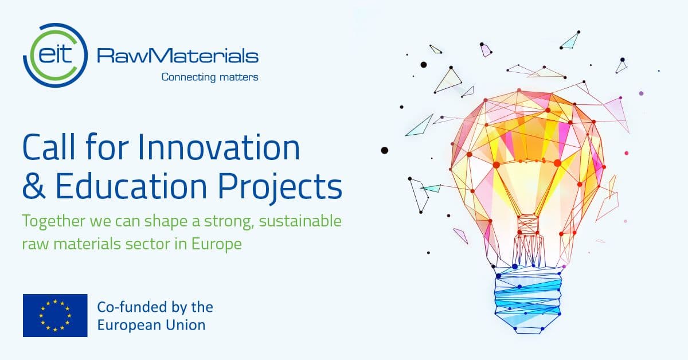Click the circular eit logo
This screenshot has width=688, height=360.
tap(55, 55)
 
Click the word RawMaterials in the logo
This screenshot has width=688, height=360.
tap(178, 56)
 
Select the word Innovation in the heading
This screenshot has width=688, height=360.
tap(218, 147)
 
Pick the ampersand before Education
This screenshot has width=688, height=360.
tap(34, 186)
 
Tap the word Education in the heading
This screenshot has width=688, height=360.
tap(131, 185)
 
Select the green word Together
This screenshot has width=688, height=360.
tap(54, 222)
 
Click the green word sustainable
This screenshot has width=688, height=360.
tap(300, 221)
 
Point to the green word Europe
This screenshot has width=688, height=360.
tap(217, 245)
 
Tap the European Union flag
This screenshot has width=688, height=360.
tap(55, 315)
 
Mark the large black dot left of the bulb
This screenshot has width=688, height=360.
tap(385, 150)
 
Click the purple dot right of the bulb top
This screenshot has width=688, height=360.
tap(641, 93)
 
